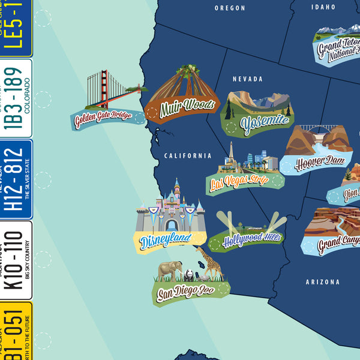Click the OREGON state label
(x=230, y=8)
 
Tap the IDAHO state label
(x=323, y=7)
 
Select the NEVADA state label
(x=248, y=79)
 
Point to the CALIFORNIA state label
(x=188, y=155)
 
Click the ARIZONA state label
(x=322, y=282)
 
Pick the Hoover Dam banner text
(x=320, y=161)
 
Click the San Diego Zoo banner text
(x=185, y=293)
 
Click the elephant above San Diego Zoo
(x=170, y=271)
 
